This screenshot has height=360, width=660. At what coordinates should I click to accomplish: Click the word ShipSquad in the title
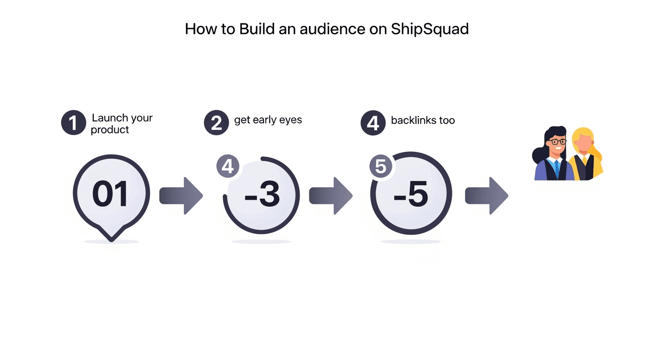(430, 29)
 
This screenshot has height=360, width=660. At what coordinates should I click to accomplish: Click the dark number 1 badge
(74, 123)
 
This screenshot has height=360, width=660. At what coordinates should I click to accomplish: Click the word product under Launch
(110, 130)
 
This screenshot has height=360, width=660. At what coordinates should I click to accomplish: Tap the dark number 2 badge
(216, 123)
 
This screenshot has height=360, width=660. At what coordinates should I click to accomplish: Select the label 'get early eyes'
(268, 120)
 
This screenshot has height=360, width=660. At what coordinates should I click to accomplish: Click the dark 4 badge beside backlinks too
(373, 123)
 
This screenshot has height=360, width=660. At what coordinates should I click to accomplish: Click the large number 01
(110, 195)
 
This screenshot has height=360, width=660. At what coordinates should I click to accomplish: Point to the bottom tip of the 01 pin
(112, 240)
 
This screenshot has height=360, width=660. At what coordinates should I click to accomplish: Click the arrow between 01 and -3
(181, 196)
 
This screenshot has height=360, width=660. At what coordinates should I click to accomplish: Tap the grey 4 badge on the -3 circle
(228, 166)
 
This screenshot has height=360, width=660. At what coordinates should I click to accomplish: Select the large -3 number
(262, 195)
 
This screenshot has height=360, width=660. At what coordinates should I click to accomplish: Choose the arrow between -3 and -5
(330, 196)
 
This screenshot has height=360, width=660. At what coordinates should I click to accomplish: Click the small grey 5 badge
(381, 167)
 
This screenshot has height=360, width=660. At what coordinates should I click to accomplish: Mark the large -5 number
(411, 195)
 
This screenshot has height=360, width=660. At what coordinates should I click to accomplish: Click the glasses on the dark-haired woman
(558, 142)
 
